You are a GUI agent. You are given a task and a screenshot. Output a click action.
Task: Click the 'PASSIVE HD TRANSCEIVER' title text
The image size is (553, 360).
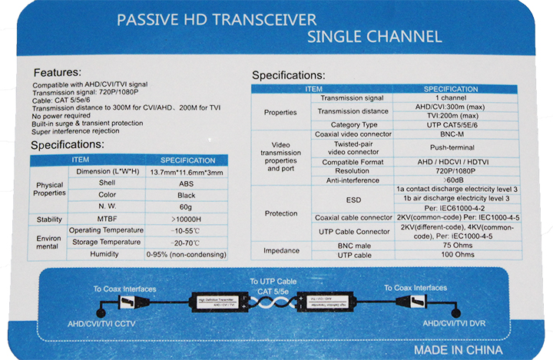217,20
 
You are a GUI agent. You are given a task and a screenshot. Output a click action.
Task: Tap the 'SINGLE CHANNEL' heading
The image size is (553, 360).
375,37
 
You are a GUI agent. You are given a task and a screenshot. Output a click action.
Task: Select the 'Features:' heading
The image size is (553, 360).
58,73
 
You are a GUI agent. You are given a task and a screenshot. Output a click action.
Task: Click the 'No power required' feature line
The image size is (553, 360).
61,116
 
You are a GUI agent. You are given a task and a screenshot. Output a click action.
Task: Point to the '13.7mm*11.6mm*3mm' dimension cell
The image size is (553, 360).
187,173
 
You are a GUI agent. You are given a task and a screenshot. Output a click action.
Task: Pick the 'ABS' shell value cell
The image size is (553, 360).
186,183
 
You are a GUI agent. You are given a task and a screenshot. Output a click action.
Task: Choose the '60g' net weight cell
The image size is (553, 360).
186,207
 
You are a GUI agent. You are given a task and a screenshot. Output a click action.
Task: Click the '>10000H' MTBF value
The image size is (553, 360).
186,220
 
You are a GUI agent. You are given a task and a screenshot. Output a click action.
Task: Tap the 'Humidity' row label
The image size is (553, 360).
104,254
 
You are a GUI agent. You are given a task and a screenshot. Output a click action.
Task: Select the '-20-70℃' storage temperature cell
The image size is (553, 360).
185,243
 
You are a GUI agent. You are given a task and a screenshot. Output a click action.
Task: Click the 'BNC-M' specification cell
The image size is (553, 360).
452,134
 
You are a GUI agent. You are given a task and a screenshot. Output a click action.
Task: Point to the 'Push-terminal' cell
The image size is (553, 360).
452,147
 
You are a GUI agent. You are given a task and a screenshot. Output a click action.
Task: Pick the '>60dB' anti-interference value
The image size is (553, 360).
453,180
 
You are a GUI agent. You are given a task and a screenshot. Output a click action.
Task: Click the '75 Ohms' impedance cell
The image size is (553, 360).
458,246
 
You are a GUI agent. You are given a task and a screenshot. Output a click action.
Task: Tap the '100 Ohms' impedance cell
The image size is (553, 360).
458,255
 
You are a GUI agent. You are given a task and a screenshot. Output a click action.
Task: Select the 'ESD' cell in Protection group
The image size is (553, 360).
353,200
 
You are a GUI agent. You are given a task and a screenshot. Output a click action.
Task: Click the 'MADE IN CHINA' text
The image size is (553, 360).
458,350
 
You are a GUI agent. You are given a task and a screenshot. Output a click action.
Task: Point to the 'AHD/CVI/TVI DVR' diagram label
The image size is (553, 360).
454,323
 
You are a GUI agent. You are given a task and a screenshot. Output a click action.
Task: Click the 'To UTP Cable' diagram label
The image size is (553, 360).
273,282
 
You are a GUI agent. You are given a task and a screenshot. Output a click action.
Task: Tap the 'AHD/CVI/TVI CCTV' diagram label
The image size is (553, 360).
101,324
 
